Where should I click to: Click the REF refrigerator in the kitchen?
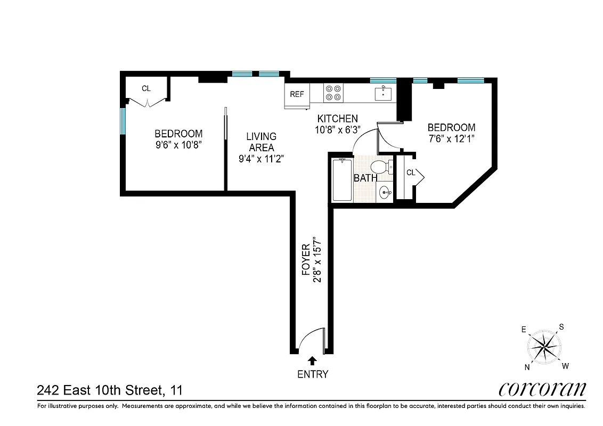click(x=297, y=95)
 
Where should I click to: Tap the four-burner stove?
click(x=333, y=93)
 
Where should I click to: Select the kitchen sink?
click(x=384, y=94)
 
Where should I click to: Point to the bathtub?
click(x=342, y=179)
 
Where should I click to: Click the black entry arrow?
click(x=313, y=361)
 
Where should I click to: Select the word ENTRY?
click(x=313, y=374)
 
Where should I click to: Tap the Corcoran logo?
click(x=542, y=389)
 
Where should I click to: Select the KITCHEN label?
click(x=337, y=119)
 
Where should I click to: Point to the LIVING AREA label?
click(x=261, y=142)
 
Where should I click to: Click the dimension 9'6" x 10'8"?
click(x=178, y=144)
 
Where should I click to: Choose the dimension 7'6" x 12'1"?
click(x=451, y=138)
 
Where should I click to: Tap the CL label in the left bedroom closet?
click(x=146, y=89)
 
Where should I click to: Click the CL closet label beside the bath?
click(x=411, y=173)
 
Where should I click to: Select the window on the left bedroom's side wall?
click(x=123, y=121)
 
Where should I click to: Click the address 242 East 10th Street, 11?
click(x=110, y=390)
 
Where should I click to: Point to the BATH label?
click(x=365, y=178)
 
